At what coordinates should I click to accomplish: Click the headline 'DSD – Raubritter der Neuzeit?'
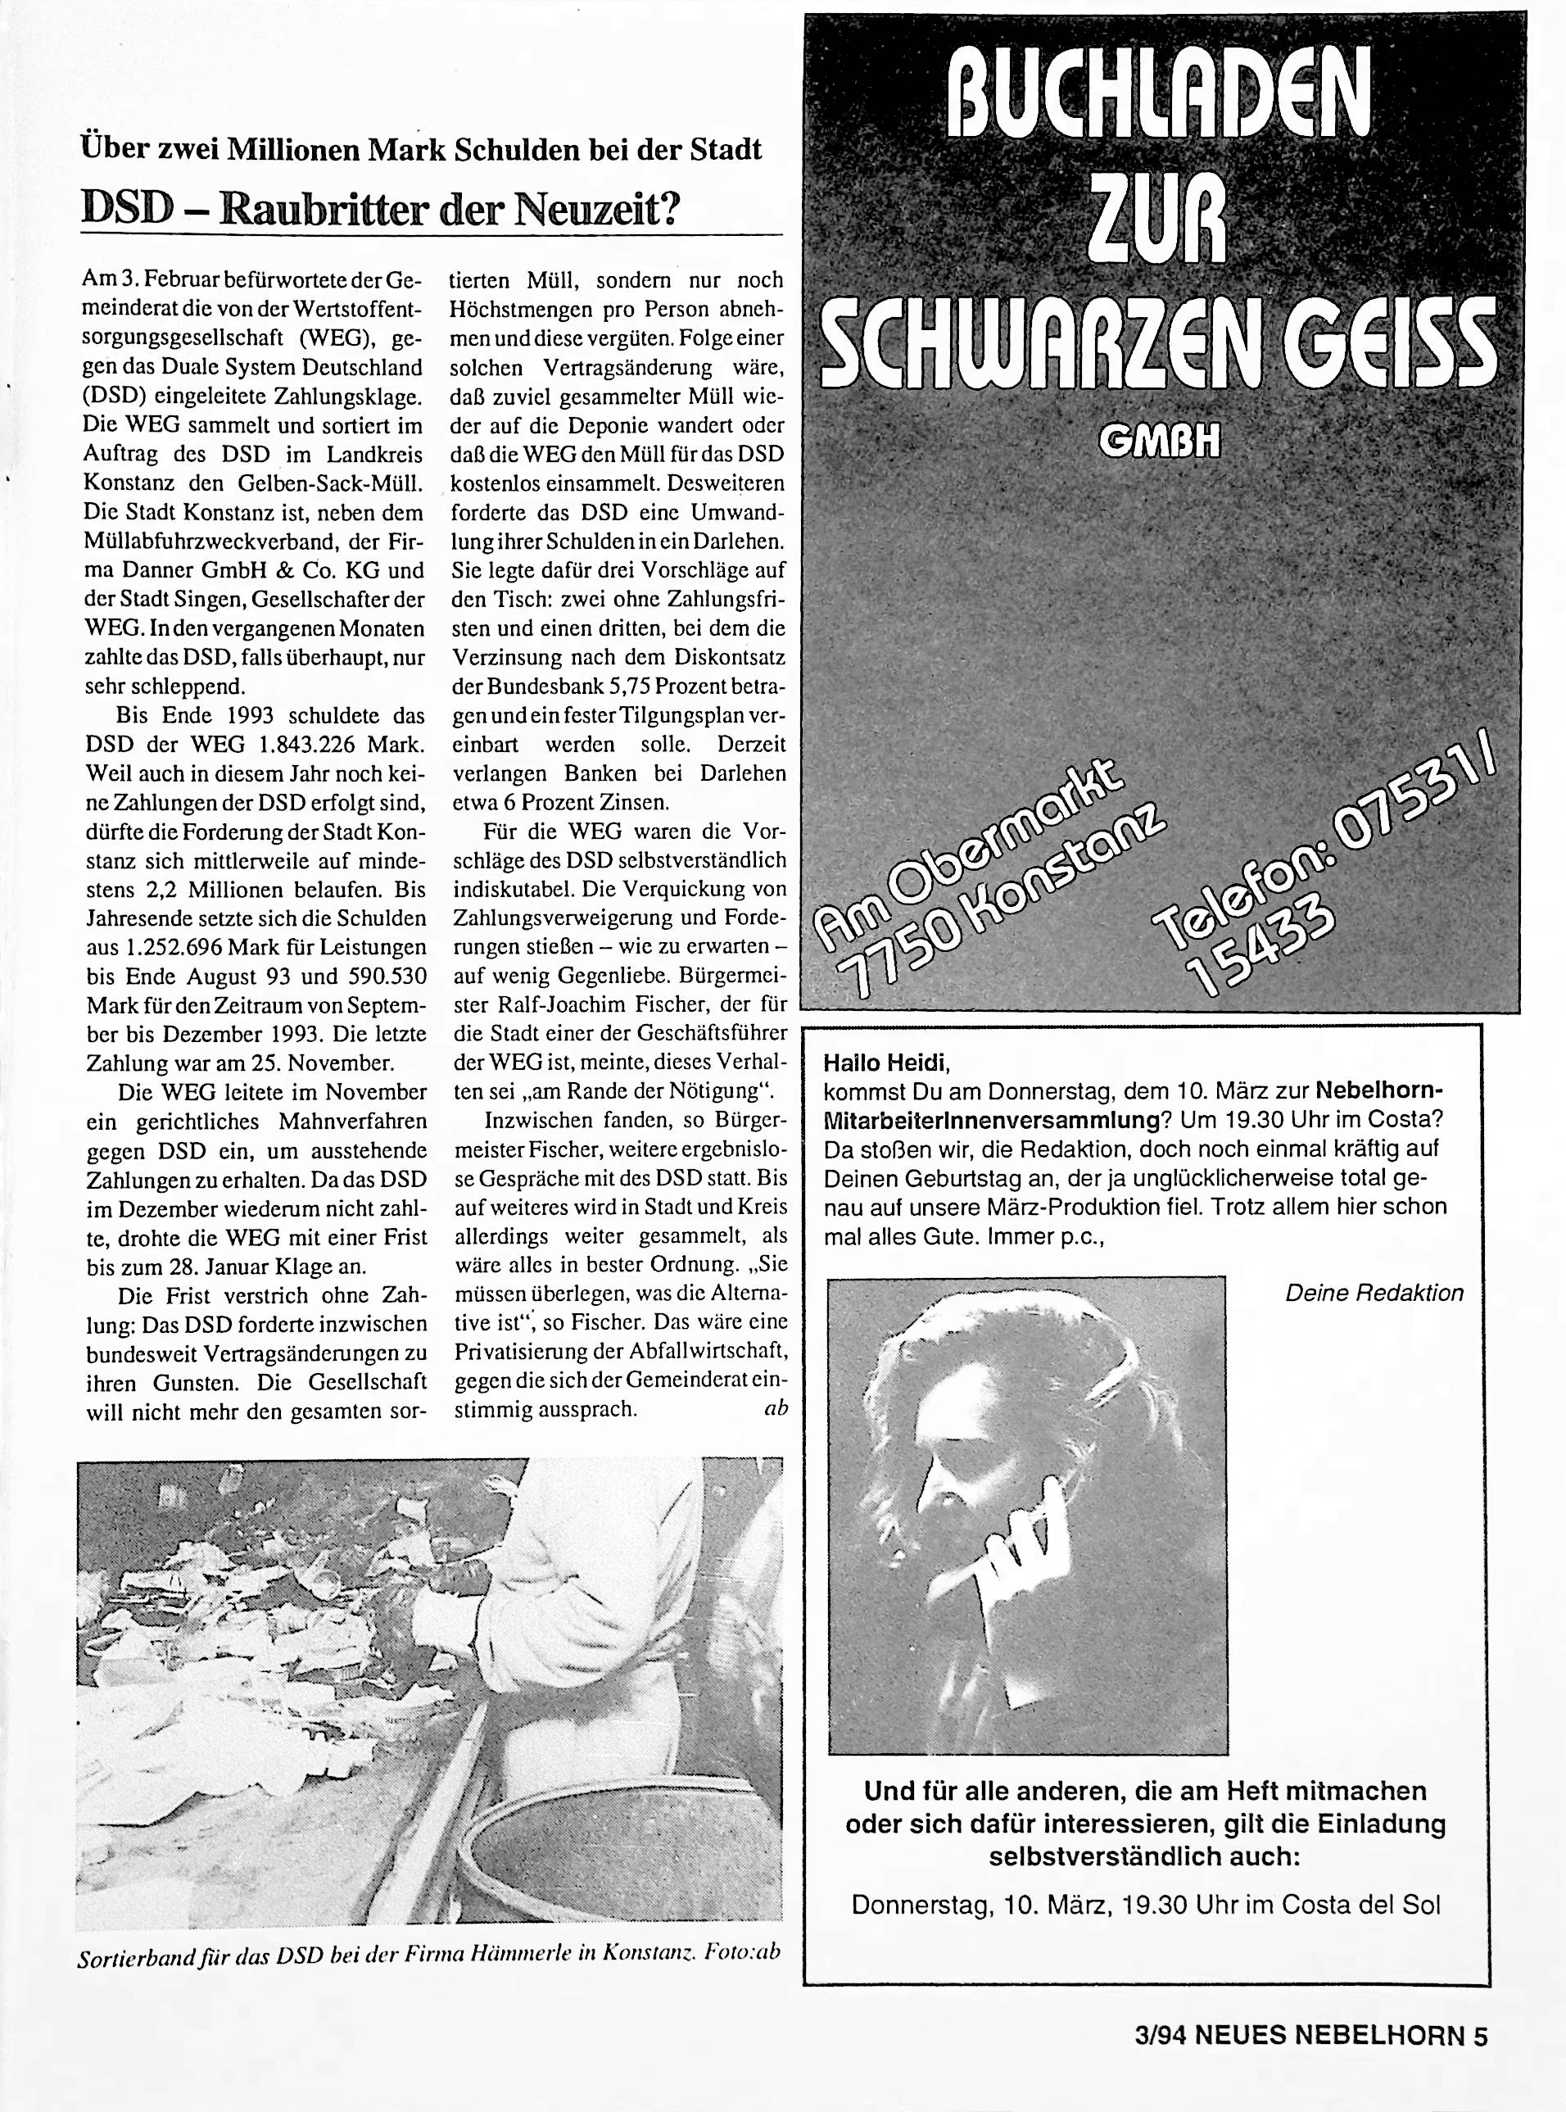coord(381,207)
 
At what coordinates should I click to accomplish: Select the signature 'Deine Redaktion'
coord(1374,1293)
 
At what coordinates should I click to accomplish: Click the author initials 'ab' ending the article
coord(775,1408)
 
